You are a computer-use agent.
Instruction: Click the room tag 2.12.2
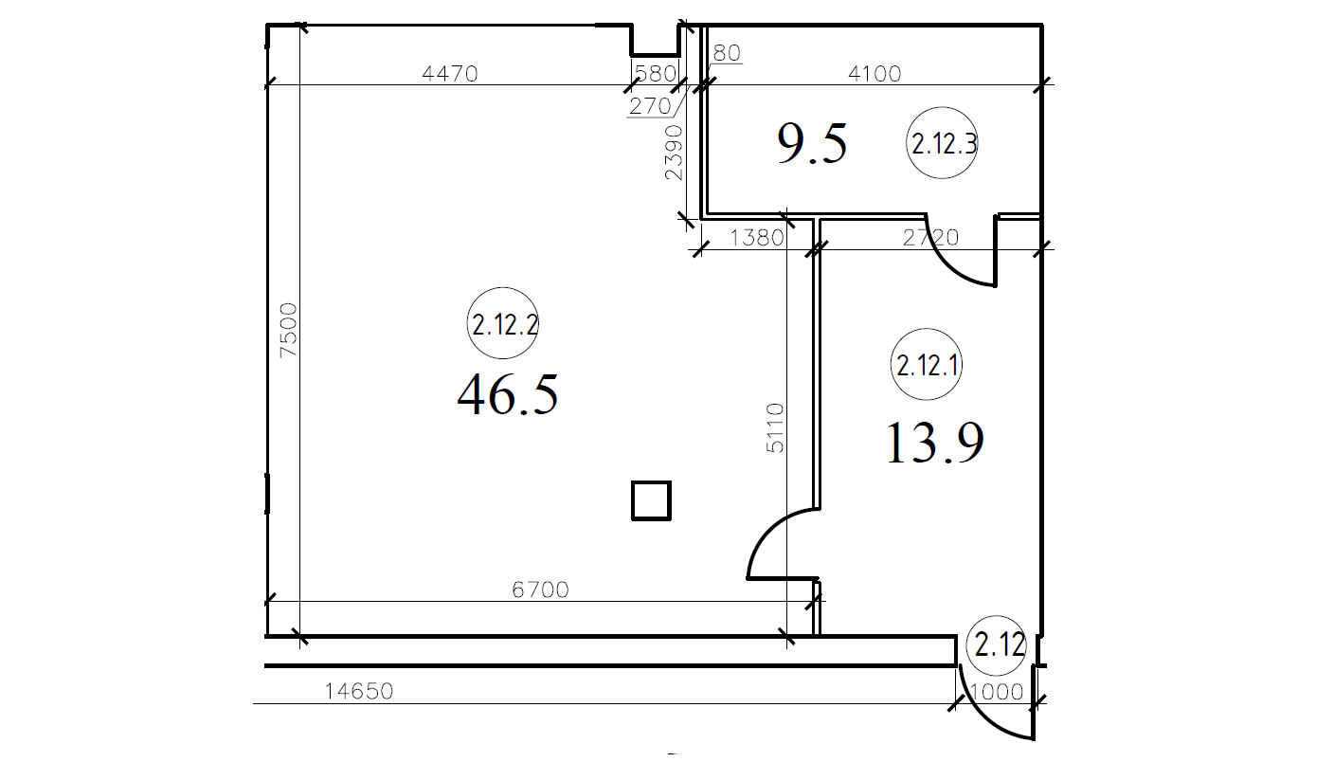(x=503, y=323)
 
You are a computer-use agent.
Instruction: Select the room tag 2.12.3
(x=942, y=143)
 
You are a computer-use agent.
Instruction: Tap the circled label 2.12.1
(x=926, y=364)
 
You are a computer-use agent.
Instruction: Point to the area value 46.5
(x=508, y=394)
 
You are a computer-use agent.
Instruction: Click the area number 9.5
(x=812, y=143)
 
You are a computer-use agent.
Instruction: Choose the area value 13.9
(x=934, y=442)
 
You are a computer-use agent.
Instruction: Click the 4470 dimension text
(x=450, y=73)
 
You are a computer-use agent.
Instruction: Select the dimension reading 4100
(x=874, y=73)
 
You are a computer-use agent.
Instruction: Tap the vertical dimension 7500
(x=288, y=330)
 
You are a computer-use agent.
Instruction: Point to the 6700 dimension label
(x=540, y=590)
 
